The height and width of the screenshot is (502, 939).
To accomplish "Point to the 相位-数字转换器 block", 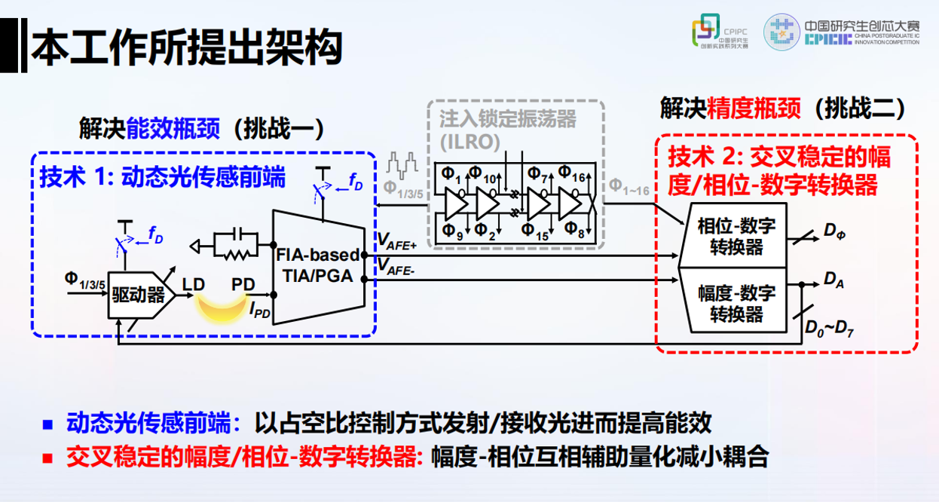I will (731, 236).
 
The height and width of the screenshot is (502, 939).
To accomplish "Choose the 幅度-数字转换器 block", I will (731, 302).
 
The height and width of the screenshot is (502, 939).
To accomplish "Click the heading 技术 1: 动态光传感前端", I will (163, 177).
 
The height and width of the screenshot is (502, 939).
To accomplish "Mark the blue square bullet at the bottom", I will (48, 424).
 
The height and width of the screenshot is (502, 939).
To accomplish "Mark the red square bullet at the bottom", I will (48, 457).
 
